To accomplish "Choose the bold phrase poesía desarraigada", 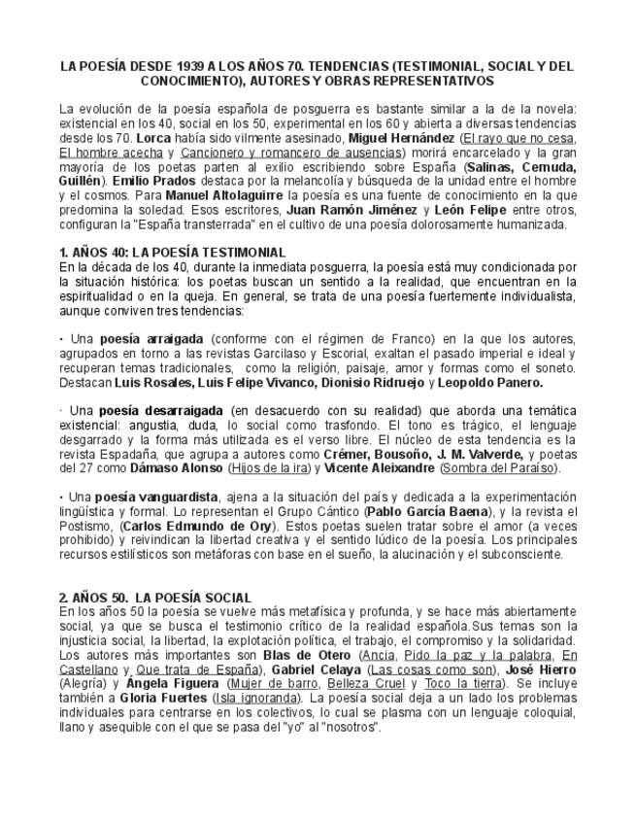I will (x=160, y=411).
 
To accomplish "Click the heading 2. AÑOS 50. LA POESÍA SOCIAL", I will (x=154, y=597).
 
